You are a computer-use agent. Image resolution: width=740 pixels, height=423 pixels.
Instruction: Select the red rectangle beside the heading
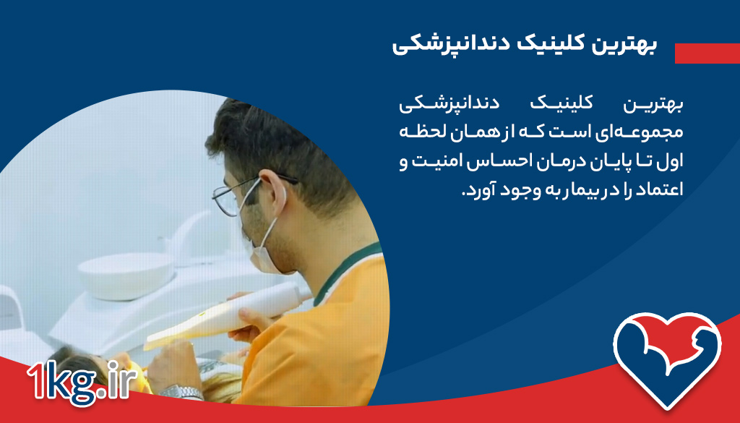coord(707,53)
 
